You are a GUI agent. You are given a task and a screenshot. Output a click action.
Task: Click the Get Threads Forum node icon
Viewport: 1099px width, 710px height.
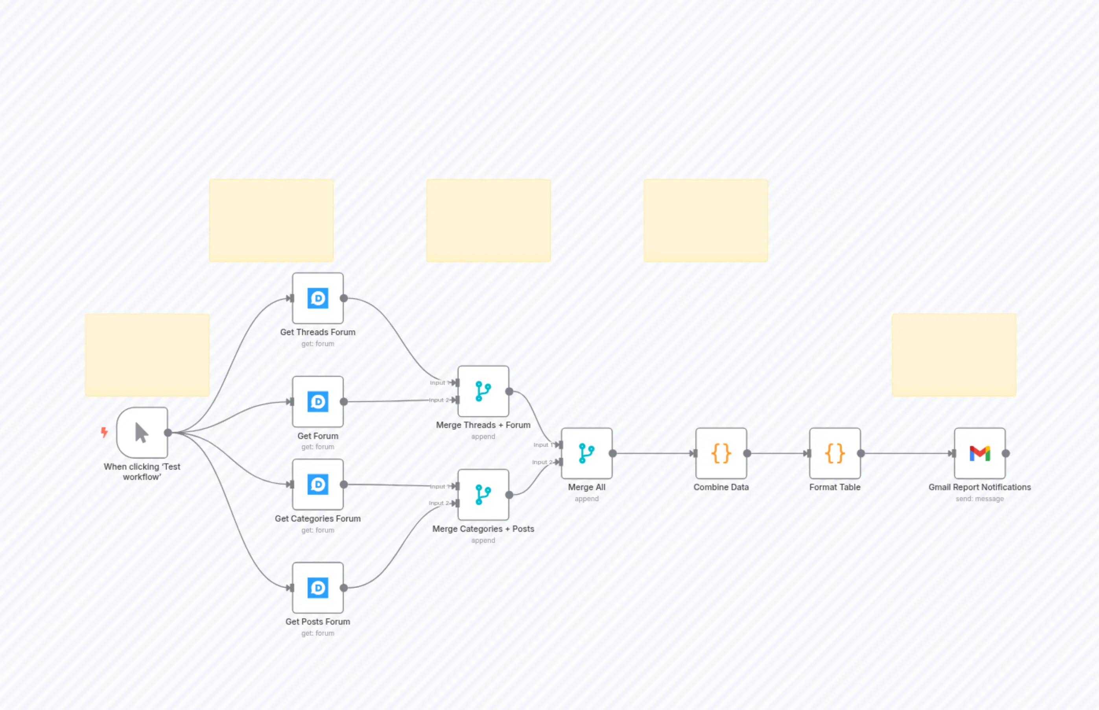pos(317,298)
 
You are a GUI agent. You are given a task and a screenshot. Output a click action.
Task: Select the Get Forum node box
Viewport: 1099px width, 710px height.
pos(317,402)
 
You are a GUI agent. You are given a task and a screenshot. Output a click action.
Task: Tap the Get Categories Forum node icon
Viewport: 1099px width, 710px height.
pos(317,484)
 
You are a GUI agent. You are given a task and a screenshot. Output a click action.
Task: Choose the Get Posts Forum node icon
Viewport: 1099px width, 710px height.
pos(317,587)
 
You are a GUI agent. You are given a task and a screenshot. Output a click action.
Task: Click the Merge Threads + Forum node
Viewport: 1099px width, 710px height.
pos(483,391)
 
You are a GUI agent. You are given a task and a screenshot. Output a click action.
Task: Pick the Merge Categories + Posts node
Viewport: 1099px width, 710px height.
pos(483,495)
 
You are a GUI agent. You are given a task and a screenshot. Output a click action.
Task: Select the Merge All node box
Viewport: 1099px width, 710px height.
pos(586,453)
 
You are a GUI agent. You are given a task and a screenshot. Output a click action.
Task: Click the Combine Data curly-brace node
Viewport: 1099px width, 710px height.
pos(721,453)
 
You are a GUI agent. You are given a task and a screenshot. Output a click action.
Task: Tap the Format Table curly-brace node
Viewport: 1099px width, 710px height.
pos(834,453)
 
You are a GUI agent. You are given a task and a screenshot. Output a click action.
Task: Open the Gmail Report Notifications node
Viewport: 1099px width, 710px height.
pos(979,453)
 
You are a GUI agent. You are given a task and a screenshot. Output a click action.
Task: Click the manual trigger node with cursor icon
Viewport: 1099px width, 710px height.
pos(142,432)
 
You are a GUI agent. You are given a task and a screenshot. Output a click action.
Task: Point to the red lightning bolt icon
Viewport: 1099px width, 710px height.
pos(104,432)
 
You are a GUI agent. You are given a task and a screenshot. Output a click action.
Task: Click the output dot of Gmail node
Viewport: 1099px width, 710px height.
pos(1006,453)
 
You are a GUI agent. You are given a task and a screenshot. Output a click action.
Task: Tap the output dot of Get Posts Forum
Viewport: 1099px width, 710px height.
pos(344,588)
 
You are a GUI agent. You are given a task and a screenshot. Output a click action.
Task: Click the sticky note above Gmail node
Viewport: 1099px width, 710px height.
pos(953,355)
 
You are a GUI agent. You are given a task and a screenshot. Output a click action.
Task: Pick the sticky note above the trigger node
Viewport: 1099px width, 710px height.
pos(147,355)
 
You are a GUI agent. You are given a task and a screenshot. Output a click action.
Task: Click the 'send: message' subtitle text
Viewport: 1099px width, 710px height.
pos(979,499)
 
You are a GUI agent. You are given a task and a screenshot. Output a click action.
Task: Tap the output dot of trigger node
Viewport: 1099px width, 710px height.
pos(168,432)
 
